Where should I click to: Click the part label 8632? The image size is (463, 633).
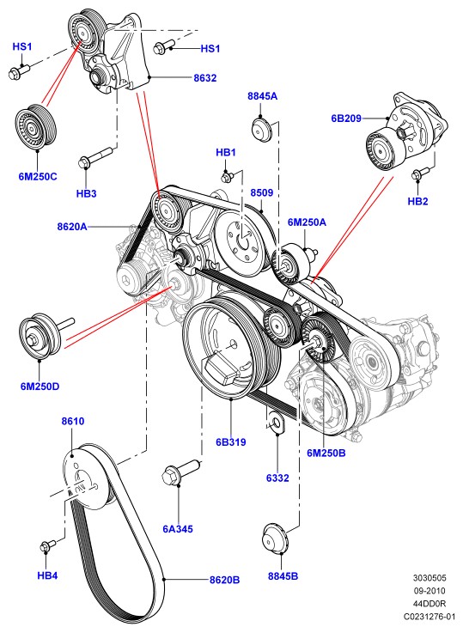click(x=205, y=78)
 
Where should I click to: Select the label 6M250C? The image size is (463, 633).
click(x=38, y=176)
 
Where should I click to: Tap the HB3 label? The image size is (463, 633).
click(x=87, y=193)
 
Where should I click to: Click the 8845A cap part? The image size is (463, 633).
click(x=262, y=128)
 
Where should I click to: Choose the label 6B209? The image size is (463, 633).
click(x=346, y=119)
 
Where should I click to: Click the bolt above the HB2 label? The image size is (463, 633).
click(x=419, y=173)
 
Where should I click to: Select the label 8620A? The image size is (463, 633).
click(x=72, y=227)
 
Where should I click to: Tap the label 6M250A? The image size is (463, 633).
click(x=307, y=222)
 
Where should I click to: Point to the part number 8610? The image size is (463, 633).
click(x=73, y=422)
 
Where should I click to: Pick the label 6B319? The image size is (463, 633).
click(x=231, y=442)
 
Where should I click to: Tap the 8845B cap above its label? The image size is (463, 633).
click(x=276, y=538)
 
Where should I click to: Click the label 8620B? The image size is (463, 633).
click(x=224, y=580)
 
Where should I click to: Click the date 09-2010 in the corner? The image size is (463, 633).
click(x=429, y=591)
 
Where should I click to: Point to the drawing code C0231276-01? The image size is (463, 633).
click(x=429, y=617)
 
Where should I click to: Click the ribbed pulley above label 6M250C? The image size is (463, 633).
click(x=35, y=127)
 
